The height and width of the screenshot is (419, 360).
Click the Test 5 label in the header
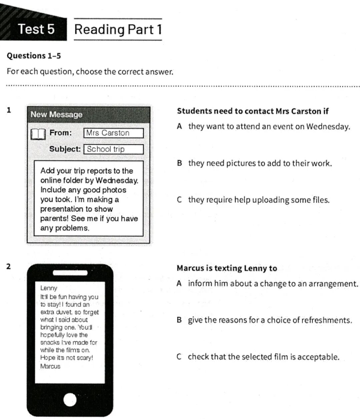click(x=36, y=29)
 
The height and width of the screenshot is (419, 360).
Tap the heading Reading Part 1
click(x=118, y=29)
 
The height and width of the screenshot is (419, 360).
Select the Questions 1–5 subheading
click(x=34, y=56)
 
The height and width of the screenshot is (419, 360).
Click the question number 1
click(x=9, y=110)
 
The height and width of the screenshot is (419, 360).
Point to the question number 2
click(x=9, y=266)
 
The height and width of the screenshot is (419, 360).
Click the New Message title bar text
click(x=56, y=115)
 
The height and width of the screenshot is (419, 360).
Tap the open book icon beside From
click(x=38, y=134)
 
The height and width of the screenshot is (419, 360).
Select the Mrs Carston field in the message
click(x=113, y=133)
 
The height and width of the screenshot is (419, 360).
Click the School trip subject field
click(x=113, y=149)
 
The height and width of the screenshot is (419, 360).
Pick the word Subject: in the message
click(x=65, y=149)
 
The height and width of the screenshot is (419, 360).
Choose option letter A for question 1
click(x=179, y=127)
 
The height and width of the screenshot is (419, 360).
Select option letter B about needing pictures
click(x=179, y=163)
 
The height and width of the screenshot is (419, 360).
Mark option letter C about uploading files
click(x=179, y=200)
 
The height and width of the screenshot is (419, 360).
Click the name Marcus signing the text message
click(x=50, y=366)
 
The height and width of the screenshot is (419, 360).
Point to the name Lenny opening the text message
click(x=49, y=288)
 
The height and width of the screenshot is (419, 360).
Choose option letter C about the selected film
click(x=179, y=357)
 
